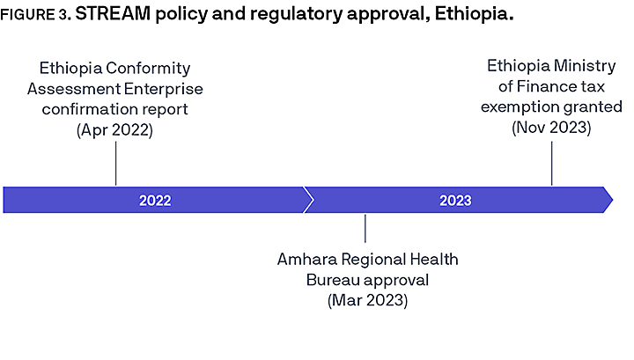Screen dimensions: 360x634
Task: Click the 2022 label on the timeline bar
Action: coord(155,200)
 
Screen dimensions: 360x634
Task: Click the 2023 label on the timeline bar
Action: coord(455,200)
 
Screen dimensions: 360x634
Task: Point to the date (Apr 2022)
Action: coord(114,129)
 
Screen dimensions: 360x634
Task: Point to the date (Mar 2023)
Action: coord(367,300)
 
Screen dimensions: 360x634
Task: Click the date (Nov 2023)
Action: coord(551,128)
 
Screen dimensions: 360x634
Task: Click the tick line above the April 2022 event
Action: coord(115,163)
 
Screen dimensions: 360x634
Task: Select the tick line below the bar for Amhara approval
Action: coord(365,228)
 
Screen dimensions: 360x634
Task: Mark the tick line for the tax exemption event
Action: coord(551,161)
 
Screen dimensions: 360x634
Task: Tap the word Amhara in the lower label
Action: coord(306,261)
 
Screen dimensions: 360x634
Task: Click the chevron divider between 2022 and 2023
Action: coord(307,200)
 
